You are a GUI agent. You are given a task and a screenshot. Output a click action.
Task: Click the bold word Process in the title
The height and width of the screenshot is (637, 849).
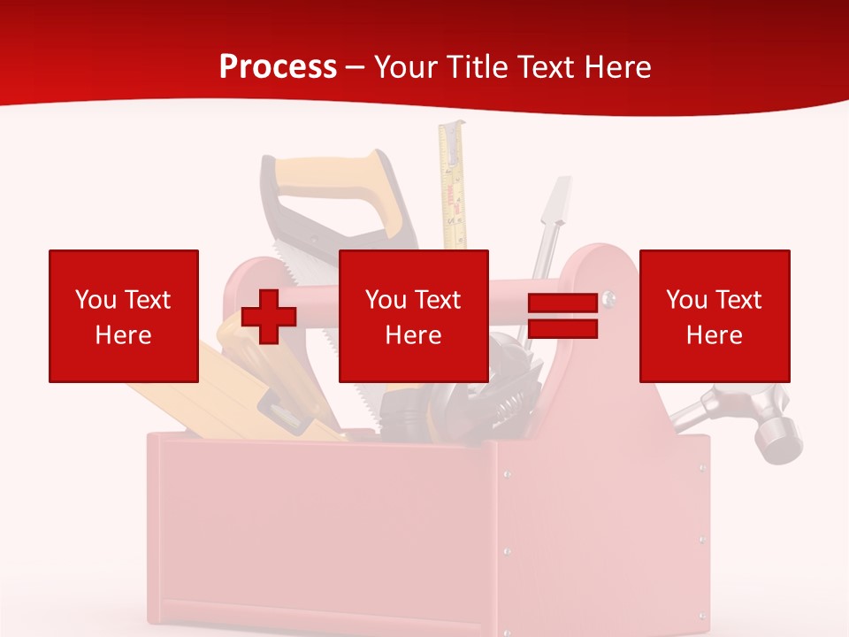click(278, 67)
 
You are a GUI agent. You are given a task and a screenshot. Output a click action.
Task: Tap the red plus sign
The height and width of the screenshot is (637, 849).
click(269, 316)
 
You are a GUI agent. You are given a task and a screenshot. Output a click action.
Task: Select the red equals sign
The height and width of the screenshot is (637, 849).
click(562, 316)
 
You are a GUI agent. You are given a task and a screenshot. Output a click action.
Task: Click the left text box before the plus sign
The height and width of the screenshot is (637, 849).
click(124, 316)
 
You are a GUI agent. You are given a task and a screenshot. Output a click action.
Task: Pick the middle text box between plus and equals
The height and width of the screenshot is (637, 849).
click(414, 316)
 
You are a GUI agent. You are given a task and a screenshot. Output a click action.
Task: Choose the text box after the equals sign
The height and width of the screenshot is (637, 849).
click(715, 316)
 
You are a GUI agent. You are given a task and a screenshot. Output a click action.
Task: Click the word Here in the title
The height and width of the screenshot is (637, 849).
click(618, 67)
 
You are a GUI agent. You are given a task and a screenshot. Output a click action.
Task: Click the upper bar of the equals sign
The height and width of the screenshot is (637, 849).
click(562, 303)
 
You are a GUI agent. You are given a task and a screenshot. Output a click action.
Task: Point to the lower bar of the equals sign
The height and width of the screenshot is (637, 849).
click(562, 329)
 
